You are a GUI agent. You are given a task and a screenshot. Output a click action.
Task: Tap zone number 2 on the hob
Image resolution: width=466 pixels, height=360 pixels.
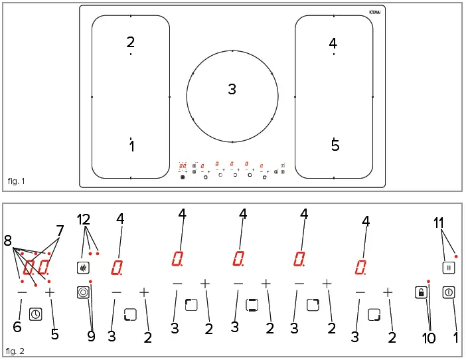coord(131,43)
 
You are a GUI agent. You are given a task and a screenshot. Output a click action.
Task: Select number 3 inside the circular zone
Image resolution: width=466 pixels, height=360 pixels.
coord(232,89)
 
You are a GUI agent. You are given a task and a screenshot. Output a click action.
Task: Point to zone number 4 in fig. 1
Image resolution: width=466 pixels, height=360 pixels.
coord(333,43)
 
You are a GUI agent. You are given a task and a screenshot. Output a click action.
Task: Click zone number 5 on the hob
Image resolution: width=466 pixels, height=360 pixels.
coord(335,144)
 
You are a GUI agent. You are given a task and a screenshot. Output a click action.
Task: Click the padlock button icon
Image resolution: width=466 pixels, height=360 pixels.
coord(420,292)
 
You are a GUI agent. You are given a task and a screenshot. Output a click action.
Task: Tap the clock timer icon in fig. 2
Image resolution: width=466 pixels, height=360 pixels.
coord(35,315)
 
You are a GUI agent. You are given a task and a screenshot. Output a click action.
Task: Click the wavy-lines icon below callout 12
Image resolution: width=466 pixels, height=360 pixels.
coord(82,268)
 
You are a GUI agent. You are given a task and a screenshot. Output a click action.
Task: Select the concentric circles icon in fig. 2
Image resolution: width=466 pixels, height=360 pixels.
coord(82,292)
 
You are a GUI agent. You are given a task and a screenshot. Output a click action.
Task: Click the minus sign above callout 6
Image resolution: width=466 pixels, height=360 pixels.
coord(22,292)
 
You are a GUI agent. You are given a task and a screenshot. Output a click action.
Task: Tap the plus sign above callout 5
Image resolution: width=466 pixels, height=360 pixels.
coord(49,292)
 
